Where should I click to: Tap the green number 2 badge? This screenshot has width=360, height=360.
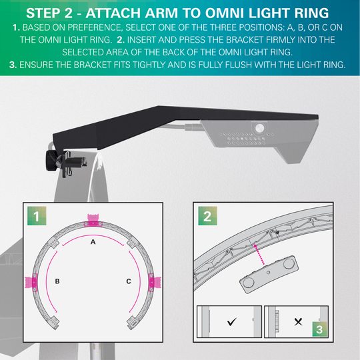point(207,215)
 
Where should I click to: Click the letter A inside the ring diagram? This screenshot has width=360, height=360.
point(93,244)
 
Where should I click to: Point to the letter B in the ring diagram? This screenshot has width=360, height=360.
point(57,281)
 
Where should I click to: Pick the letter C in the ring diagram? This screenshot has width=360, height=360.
point(128,281)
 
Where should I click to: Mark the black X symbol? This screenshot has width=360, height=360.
point(298,322)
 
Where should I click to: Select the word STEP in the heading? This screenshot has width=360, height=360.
point(46,13)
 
